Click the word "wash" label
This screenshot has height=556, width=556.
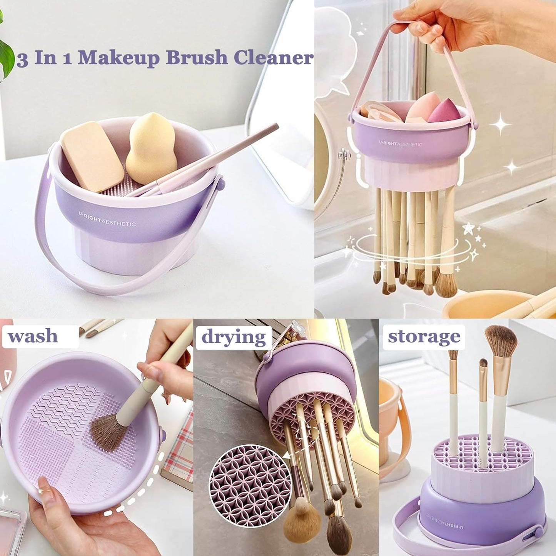33,336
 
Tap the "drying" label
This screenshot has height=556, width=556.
234,337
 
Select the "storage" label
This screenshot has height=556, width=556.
424,336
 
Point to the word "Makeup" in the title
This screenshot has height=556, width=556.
119,58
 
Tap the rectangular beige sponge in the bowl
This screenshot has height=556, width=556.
92,156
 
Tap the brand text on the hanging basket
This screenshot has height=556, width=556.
400,144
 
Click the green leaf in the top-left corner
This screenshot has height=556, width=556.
6,58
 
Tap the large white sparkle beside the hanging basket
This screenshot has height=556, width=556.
500,125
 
